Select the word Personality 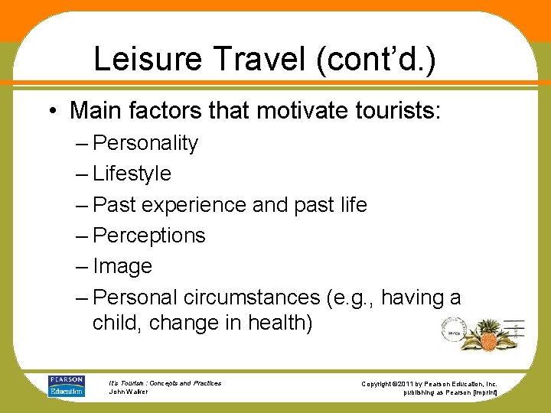[x=146, y=143]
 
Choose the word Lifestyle [x=132, y=174]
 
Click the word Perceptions [x=149, y=236]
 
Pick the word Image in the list [x=122, y=266]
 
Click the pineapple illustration [x=487, y=333]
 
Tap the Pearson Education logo [x=67, y=385]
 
